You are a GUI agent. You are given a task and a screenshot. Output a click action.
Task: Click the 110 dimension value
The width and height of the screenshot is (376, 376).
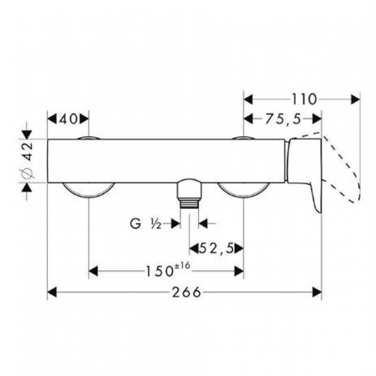point(304,99)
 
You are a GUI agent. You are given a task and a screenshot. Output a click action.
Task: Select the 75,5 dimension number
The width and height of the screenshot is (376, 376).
point(283,119)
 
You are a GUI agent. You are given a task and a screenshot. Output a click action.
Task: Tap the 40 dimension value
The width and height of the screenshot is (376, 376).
point(68,119)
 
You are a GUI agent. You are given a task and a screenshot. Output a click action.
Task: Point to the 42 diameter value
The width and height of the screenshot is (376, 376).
point(29,151)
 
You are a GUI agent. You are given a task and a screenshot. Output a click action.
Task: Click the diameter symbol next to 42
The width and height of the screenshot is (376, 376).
point(28,173)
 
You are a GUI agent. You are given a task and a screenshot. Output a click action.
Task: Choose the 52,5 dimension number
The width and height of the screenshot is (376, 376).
point(217,249)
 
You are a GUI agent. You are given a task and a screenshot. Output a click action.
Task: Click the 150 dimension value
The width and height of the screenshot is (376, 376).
point(160,272)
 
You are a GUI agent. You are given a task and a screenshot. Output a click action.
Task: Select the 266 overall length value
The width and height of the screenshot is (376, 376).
point(186,292)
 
